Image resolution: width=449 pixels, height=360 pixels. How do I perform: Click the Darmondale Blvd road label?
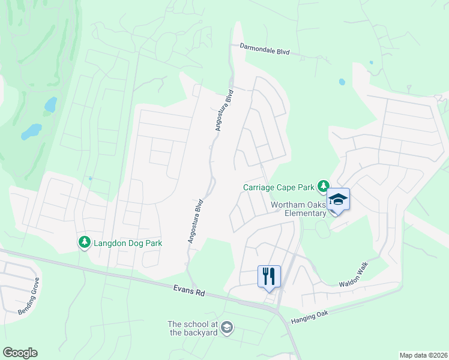click(x=265, y=49)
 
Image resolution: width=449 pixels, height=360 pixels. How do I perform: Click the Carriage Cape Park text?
click(x=279, y=187)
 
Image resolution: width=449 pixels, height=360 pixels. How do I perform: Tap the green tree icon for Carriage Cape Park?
click(x=324, y=185)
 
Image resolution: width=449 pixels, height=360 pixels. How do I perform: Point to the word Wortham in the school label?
click(x=285, y=204)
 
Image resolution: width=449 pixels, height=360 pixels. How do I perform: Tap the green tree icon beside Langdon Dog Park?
click(x=85, y=242)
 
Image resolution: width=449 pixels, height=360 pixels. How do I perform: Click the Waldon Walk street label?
click(x=352, y=274)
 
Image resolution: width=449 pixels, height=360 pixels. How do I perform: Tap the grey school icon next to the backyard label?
click(x=226, y=328)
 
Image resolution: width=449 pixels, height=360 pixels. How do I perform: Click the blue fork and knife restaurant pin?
click(x=268, y=277)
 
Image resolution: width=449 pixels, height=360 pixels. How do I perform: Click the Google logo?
click(x=20, y=353)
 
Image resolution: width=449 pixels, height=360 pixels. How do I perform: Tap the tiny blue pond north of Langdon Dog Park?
click(x=90, y=178)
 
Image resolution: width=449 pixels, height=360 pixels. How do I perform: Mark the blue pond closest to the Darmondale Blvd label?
click(x=342, y=82)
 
